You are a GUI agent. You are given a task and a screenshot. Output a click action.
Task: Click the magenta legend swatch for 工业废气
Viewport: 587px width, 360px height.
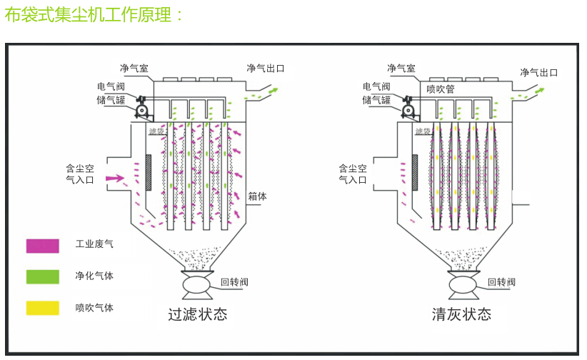(42, 245)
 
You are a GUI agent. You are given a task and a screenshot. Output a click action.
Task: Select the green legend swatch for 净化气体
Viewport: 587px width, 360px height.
(42, 276)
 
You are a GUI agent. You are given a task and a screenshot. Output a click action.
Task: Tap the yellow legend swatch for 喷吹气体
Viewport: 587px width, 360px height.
(42, 308)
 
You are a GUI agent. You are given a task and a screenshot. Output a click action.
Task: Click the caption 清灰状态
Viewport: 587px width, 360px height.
(461, 314)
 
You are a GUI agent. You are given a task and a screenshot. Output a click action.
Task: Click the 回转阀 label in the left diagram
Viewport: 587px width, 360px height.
(234, 282)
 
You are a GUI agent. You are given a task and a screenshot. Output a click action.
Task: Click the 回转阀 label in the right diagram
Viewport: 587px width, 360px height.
(501, 282)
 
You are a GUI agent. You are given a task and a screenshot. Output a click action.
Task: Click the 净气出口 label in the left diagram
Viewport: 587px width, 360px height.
(266, 69)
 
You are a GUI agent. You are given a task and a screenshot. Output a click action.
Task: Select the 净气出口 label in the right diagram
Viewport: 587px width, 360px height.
(538, 72)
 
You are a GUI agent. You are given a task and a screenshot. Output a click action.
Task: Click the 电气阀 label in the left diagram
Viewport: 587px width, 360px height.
(111, 87)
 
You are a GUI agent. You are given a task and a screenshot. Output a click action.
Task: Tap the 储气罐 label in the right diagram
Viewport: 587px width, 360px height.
(376, 100)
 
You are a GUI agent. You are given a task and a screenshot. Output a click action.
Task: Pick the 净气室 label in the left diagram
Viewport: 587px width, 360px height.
(134, 69)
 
